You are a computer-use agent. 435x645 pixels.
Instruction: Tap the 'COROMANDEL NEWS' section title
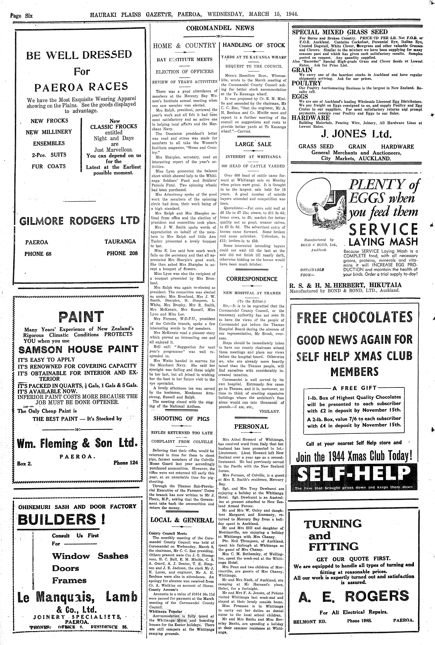pos(220,28)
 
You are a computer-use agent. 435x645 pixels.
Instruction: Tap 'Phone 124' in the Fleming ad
pos(126,463)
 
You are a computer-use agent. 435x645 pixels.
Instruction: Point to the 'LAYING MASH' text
pos(383,242)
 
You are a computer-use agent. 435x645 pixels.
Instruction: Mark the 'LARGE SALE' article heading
pos(253,144)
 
